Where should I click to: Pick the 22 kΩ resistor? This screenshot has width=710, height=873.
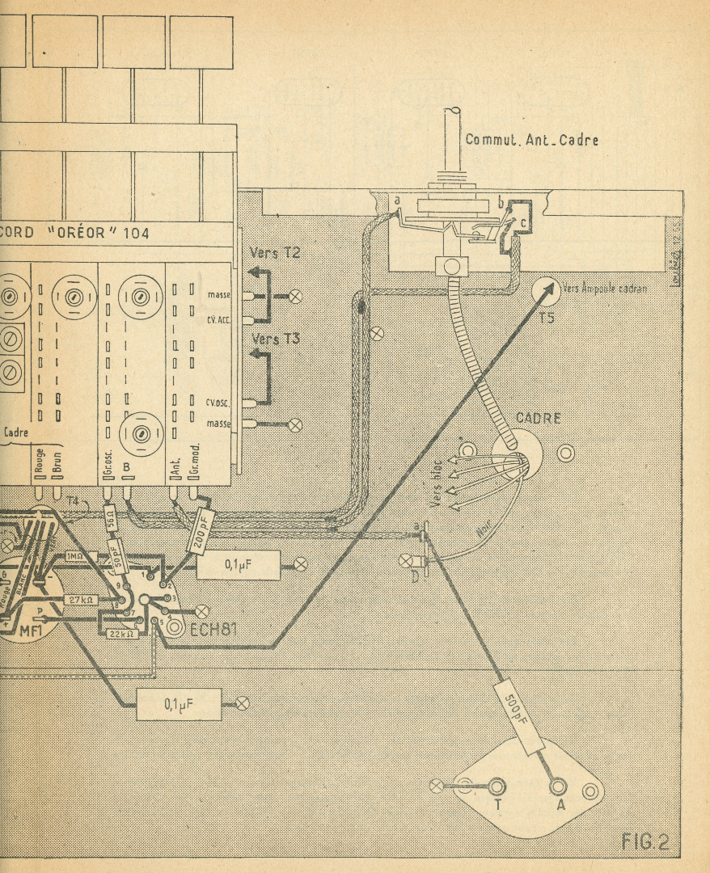click(x=123, y=634)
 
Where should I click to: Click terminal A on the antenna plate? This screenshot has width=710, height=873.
click(x=556, y=786)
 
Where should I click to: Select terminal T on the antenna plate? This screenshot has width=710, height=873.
click(x=495, y=786)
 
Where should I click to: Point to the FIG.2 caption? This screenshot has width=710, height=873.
click(x=645, y=842)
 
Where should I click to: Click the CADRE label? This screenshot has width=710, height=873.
click(x=538, y=419)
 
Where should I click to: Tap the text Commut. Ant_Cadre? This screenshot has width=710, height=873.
click(x=531, y=140)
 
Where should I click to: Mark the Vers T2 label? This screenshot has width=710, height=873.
click(x=275, y=253)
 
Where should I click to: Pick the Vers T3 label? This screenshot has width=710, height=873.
click(x=275, y=338)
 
